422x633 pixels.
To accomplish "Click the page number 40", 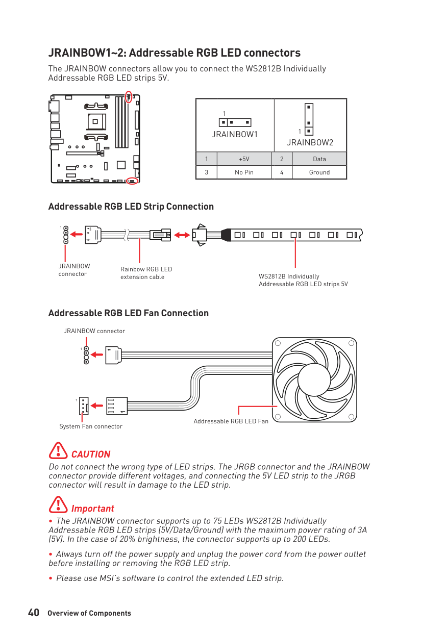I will click(x=34, y=613).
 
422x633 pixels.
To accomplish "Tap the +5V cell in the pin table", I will click(x=244, y=159).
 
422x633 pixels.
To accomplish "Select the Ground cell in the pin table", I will click(x=319, y=172).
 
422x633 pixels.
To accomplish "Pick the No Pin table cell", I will click(x=244, y=172).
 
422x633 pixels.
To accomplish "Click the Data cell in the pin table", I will click(x=319, y=159).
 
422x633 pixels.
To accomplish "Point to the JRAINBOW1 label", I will click(x=235, y=135).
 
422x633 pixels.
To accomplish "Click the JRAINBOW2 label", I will click(x=310, y=142).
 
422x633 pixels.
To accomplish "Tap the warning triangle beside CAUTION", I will click(x=59, y=450).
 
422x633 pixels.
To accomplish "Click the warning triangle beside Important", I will click(x=59, y=504).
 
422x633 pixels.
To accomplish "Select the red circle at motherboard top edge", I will click(x=129, y=96).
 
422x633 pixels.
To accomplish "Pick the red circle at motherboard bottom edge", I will click(x=132, y=181).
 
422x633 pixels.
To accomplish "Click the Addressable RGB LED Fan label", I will click(x=231, y=421).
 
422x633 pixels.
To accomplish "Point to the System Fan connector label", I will click(x=91, y=426).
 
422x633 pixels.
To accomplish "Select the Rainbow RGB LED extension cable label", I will click(x=146, y=273).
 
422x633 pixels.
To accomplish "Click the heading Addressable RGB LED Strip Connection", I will click(x=131, y=207).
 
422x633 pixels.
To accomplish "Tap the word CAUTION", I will click(x=91, y=454).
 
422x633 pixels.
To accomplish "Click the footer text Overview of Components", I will click(x=89, y=614).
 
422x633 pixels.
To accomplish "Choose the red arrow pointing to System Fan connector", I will click(x=97, y=406).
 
